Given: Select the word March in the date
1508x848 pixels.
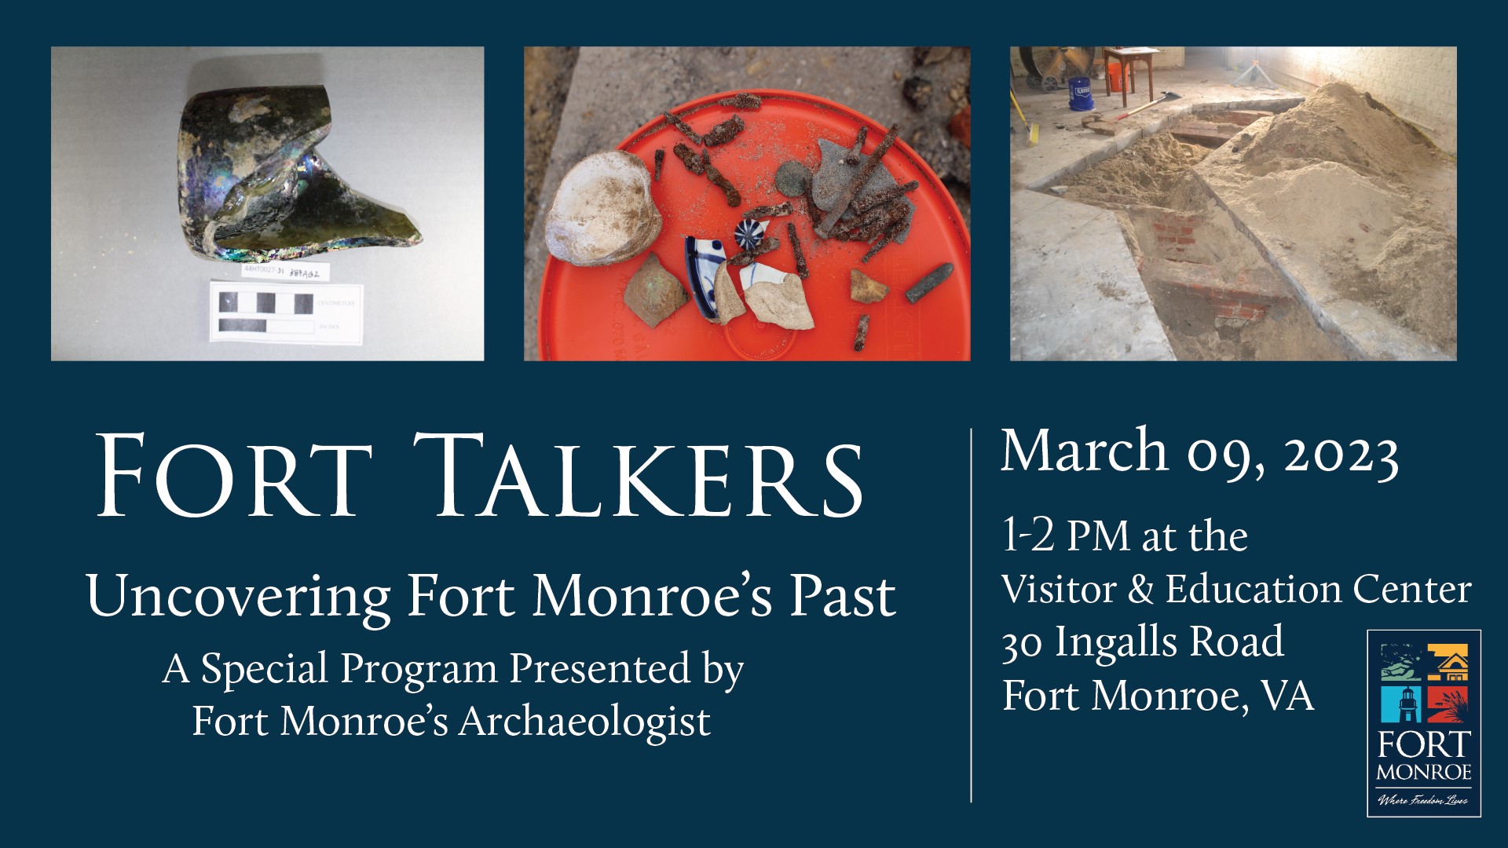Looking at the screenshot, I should [1084, 451].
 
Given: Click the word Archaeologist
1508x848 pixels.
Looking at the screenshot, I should [584, 721].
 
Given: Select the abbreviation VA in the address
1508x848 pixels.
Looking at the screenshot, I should [1287, 696].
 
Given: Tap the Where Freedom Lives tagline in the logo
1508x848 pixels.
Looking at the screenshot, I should [1423, 800].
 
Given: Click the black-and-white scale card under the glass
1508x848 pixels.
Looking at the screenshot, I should [286, 312].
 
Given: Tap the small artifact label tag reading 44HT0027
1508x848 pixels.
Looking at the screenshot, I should [285, 272].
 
